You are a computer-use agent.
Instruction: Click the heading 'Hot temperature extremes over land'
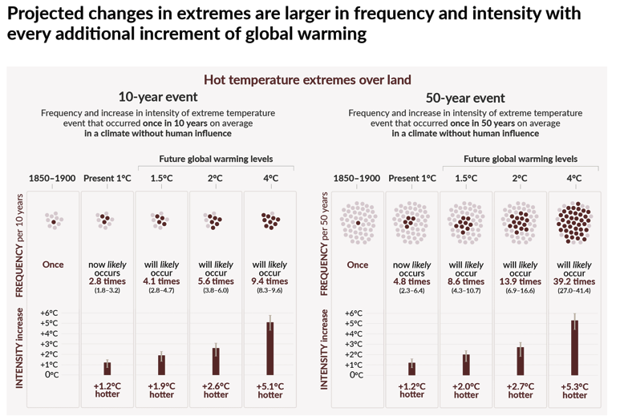(x=307, y=79)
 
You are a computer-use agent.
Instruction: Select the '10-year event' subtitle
(x=158, y=97)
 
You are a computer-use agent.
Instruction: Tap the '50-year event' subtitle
(x=465, y=98)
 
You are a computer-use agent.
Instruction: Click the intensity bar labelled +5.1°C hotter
(x=270, y=348)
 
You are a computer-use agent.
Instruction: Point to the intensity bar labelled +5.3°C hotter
(x=574, y=347)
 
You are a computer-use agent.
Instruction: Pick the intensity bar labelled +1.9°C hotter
(x=161, y=365)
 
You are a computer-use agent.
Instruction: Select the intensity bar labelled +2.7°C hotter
(x=520, y=361)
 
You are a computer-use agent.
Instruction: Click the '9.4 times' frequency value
(x=269, y=281)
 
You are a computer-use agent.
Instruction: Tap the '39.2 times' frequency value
(x=574, y=281)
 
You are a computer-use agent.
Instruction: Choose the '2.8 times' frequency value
(x=107, y=281)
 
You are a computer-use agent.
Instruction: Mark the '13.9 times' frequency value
(x=520, y=281)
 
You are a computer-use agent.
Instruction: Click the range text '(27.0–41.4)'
(x=574, y=290)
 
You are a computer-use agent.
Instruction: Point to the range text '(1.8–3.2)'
(x=107, y=290)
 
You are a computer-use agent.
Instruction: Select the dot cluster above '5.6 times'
(x=215, y=220)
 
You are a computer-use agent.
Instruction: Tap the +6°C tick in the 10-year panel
(x=48, y=313)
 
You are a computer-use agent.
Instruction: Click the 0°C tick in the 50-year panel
(x=356, y=375)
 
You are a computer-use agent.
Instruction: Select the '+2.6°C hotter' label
(x=215, y=390)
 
